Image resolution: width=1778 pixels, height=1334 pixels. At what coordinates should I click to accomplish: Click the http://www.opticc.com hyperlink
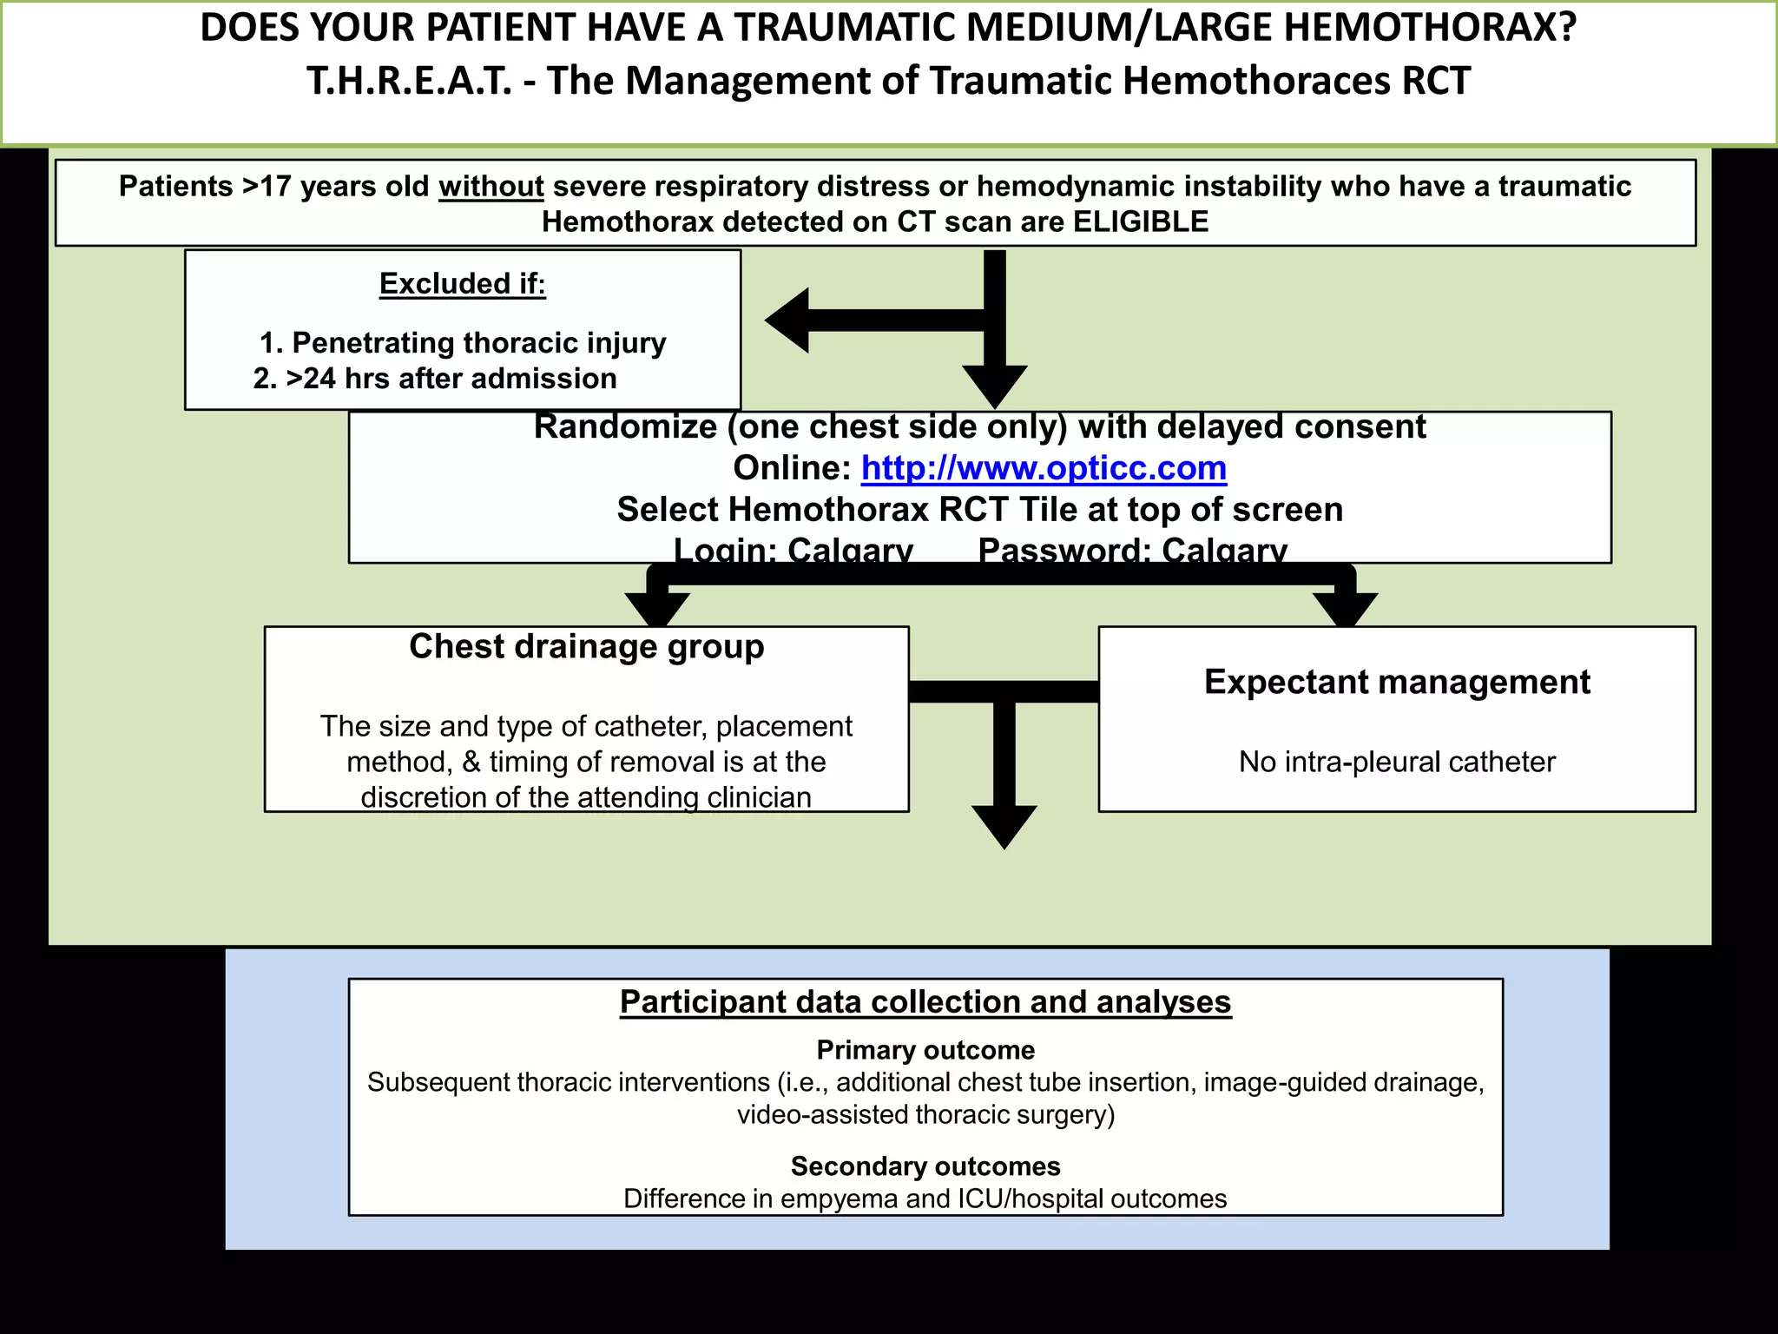(1044, 469)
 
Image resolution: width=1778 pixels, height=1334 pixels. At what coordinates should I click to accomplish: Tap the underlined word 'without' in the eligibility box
(491, 187)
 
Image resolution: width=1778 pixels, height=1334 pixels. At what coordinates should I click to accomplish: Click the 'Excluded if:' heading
(462, 284)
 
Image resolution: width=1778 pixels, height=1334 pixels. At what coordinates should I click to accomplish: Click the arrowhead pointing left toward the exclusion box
(788, 320)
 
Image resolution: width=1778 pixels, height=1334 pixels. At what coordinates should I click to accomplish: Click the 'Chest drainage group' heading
(587, 647)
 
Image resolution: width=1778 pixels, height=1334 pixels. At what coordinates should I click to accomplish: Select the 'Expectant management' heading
(1397, 683)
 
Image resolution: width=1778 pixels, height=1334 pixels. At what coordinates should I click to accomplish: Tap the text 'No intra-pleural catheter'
(1397, 763)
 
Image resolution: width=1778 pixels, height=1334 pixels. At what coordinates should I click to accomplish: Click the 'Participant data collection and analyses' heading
(925, 1002)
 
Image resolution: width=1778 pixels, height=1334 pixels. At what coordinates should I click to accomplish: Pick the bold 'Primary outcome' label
(925, 1051)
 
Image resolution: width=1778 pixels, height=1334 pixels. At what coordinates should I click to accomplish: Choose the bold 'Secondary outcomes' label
(925, 1166)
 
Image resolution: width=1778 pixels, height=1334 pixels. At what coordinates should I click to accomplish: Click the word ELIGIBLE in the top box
(1141, 222)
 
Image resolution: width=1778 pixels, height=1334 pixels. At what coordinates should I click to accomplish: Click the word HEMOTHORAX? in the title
(1430, 28)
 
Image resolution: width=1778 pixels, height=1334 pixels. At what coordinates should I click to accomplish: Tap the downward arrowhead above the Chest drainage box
(657, 608)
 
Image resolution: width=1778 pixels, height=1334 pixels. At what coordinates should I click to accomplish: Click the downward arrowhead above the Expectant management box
(1345, 608)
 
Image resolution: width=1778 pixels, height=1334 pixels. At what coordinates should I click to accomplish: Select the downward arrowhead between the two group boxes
(1004, 825)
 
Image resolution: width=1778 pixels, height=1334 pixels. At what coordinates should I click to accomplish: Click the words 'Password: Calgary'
(1132, 551)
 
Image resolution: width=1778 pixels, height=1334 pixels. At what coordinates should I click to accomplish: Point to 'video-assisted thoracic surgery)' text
(925, 1115)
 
